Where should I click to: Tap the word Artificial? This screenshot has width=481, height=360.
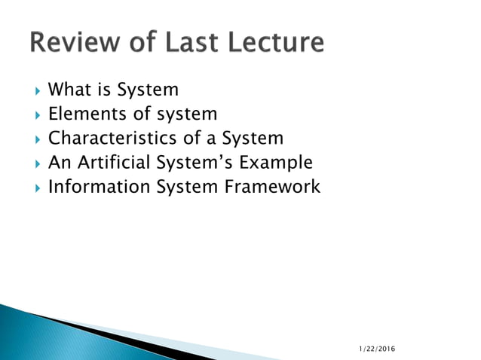(115, 163)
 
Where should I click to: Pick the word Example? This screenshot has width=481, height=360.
(276, 163)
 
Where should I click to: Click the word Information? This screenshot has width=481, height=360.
(99, 187)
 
